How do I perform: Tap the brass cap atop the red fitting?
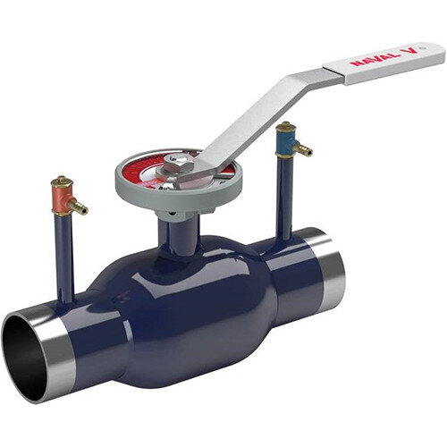pos(60,182)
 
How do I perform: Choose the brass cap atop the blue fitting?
pos(284,126)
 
